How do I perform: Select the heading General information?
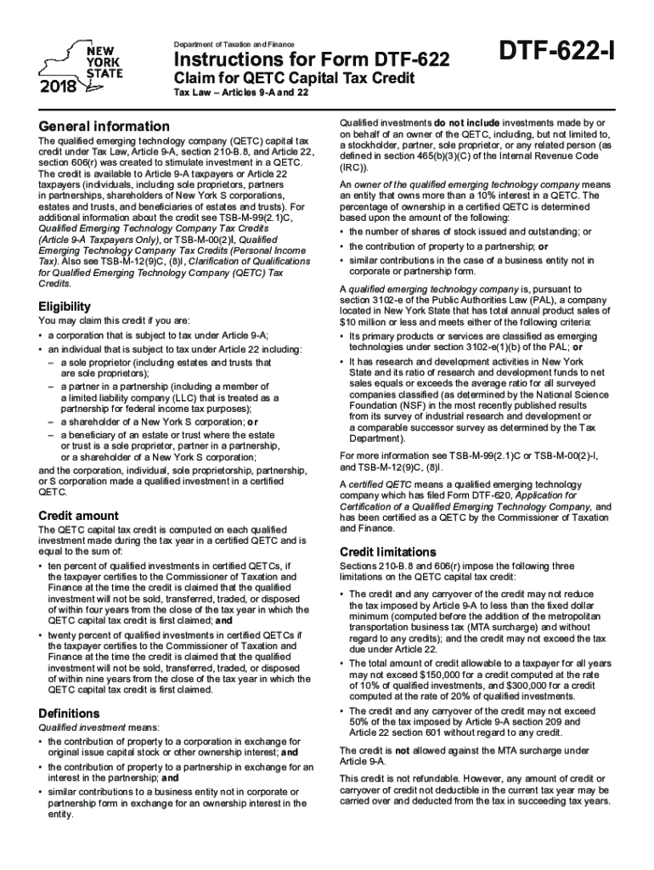tap(104, 127)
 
